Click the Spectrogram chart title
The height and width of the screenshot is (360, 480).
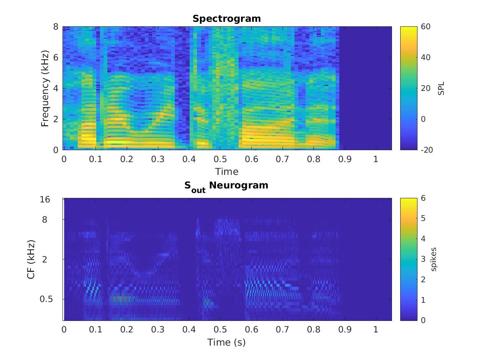(x=227, y=19)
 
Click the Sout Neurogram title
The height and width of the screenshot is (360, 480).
(x=226, y=186)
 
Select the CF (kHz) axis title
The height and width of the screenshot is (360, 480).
(x=30, y=259)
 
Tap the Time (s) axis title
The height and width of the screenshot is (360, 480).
(x=226, y=342)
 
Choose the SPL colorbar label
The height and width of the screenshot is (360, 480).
(x=441, y=88)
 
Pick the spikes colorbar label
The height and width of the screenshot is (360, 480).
(x=434, y=259)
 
